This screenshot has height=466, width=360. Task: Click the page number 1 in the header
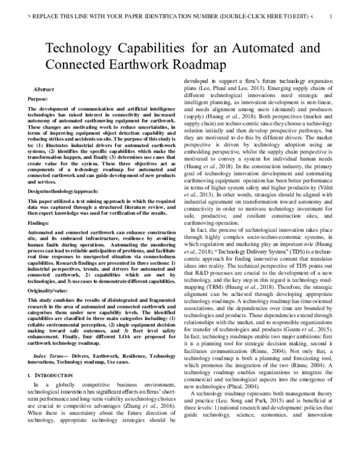[331, 17]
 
